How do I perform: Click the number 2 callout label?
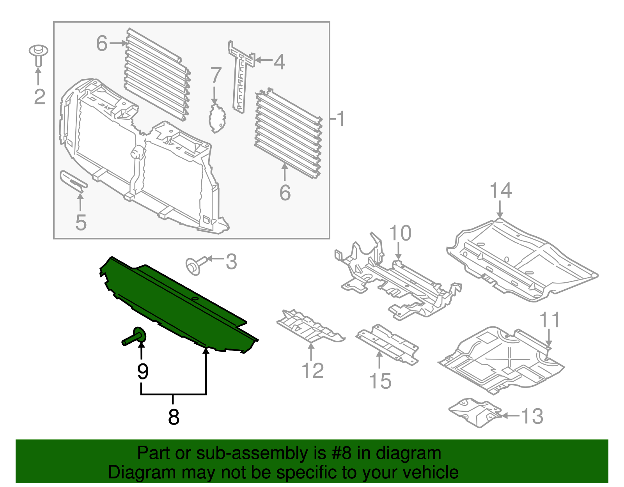[x=39, y=97]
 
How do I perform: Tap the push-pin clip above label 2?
[x=38, y=55]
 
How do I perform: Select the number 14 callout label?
[x=500, y=191]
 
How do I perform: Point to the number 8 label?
[x=174, y=417]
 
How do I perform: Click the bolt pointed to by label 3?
[x=193, y=266]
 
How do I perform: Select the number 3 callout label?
[x=231, y=262]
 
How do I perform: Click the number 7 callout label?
[x=216, y=75]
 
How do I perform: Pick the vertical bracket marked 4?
[x=241, y=76]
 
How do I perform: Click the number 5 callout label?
[x=80, y=222]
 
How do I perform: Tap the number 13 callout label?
[x=532, y=416]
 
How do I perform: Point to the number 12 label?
[x=312, y=371]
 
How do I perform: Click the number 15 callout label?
[x=380, y=381]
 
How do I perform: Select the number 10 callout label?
[x=400, y=233]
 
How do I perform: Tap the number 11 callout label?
[x=550, y=320]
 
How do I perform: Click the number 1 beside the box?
[x=341, y=119]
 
